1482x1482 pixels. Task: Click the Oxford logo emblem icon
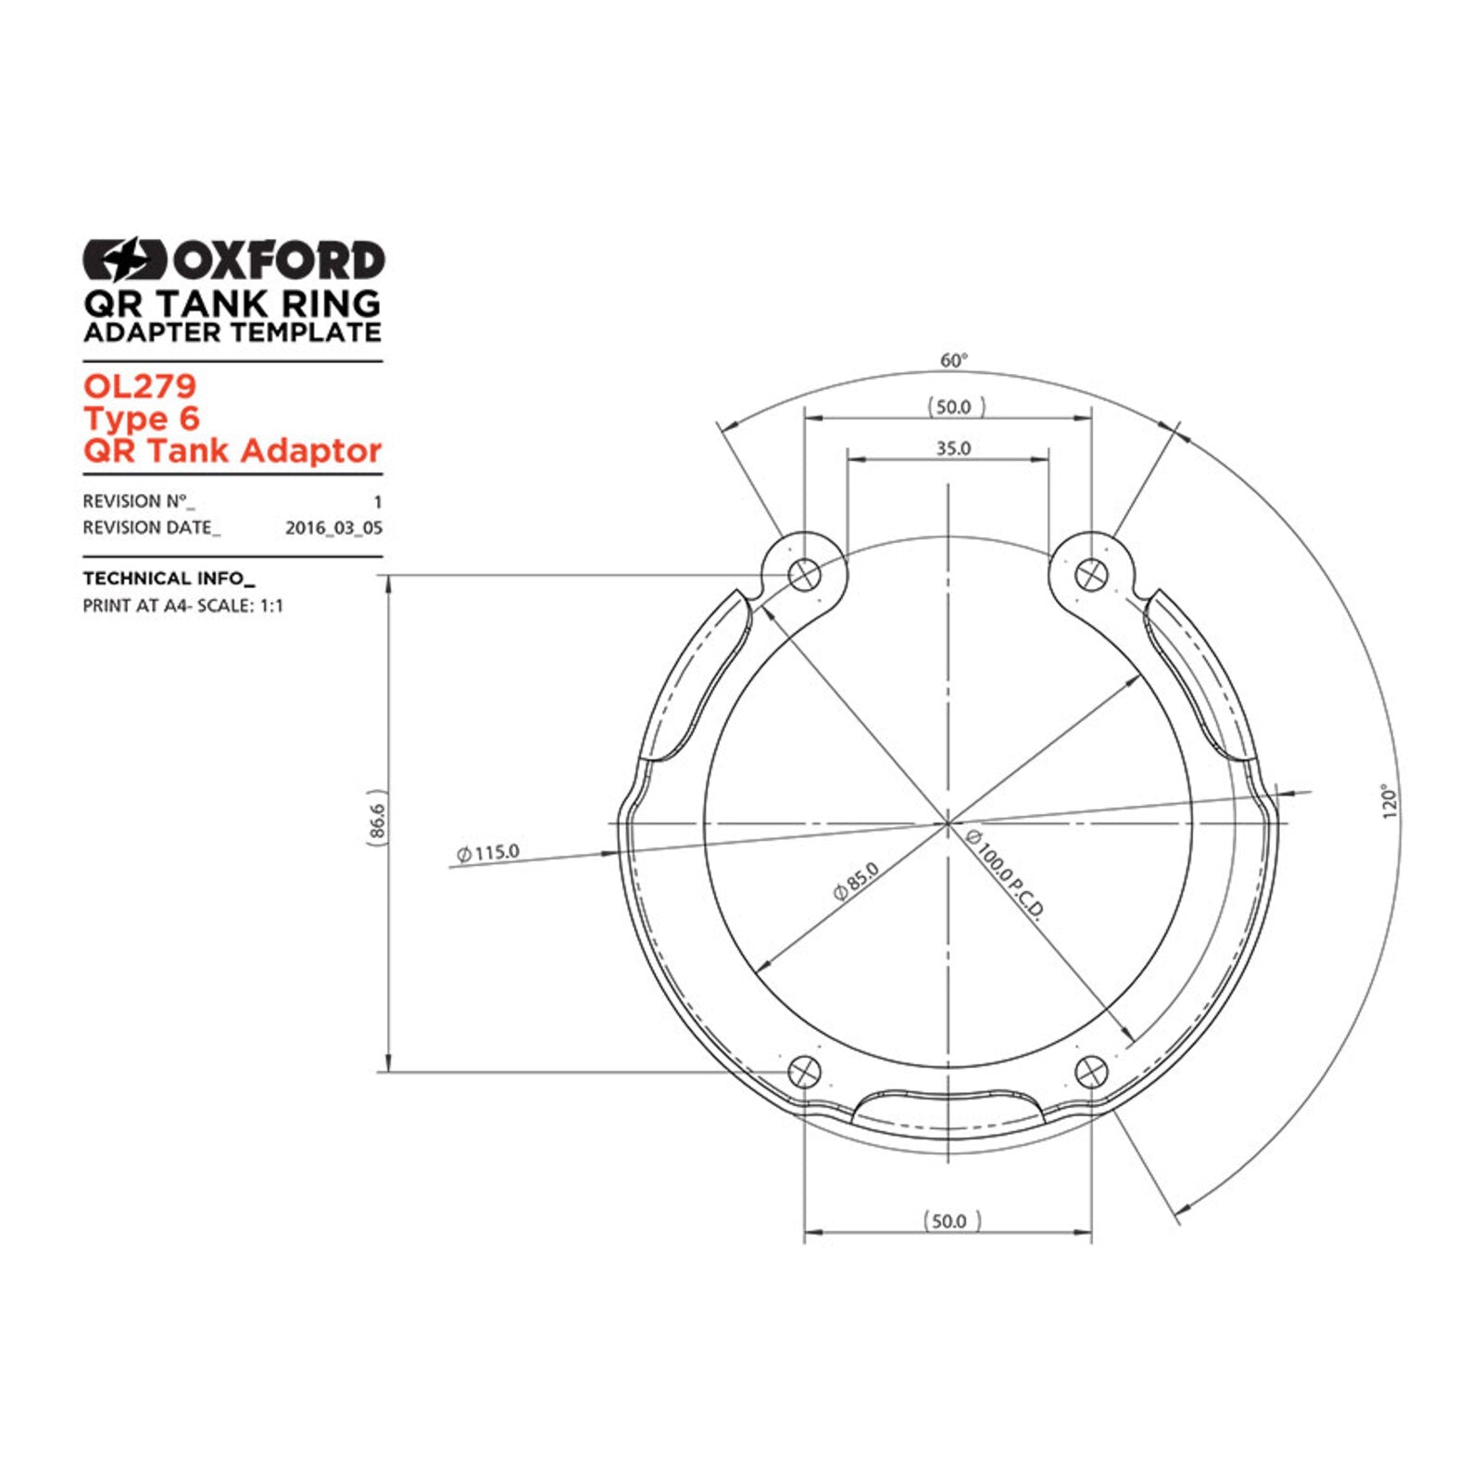tap(124, 259)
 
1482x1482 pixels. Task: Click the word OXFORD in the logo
tap(277, 260)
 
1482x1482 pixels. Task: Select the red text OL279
tap(140, 385)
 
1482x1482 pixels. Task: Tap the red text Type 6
tap(142, 419)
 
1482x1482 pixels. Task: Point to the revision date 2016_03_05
tap(333, 528)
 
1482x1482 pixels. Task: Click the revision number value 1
tap(377, 502)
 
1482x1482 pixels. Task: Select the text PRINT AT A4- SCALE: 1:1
tap(183, 606)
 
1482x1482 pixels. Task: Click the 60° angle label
tap(954, 360)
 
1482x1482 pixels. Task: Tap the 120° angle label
tap(1388, 802)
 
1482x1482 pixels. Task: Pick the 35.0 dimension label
tap(953, 448)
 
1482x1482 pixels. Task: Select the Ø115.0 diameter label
tap(488, 852)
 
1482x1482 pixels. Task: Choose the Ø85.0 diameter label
tap(856, 881)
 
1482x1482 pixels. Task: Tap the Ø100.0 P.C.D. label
tap(1006, 874)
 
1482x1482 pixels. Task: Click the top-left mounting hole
tap(804, 575)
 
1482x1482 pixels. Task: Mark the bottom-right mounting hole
tap(1091, 1073)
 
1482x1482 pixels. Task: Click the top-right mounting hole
tap(1091, 575)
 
